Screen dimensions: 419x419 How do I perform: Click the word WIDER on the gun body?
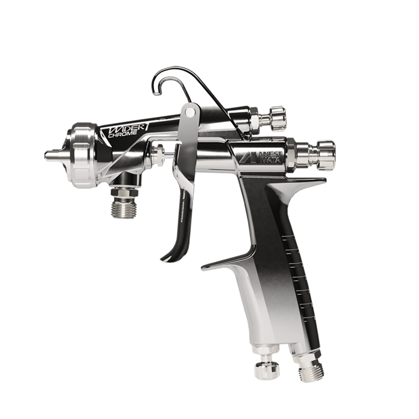pos(125,128)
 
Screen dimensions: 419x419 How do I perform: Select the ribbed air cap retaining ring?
pos(83,155)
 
